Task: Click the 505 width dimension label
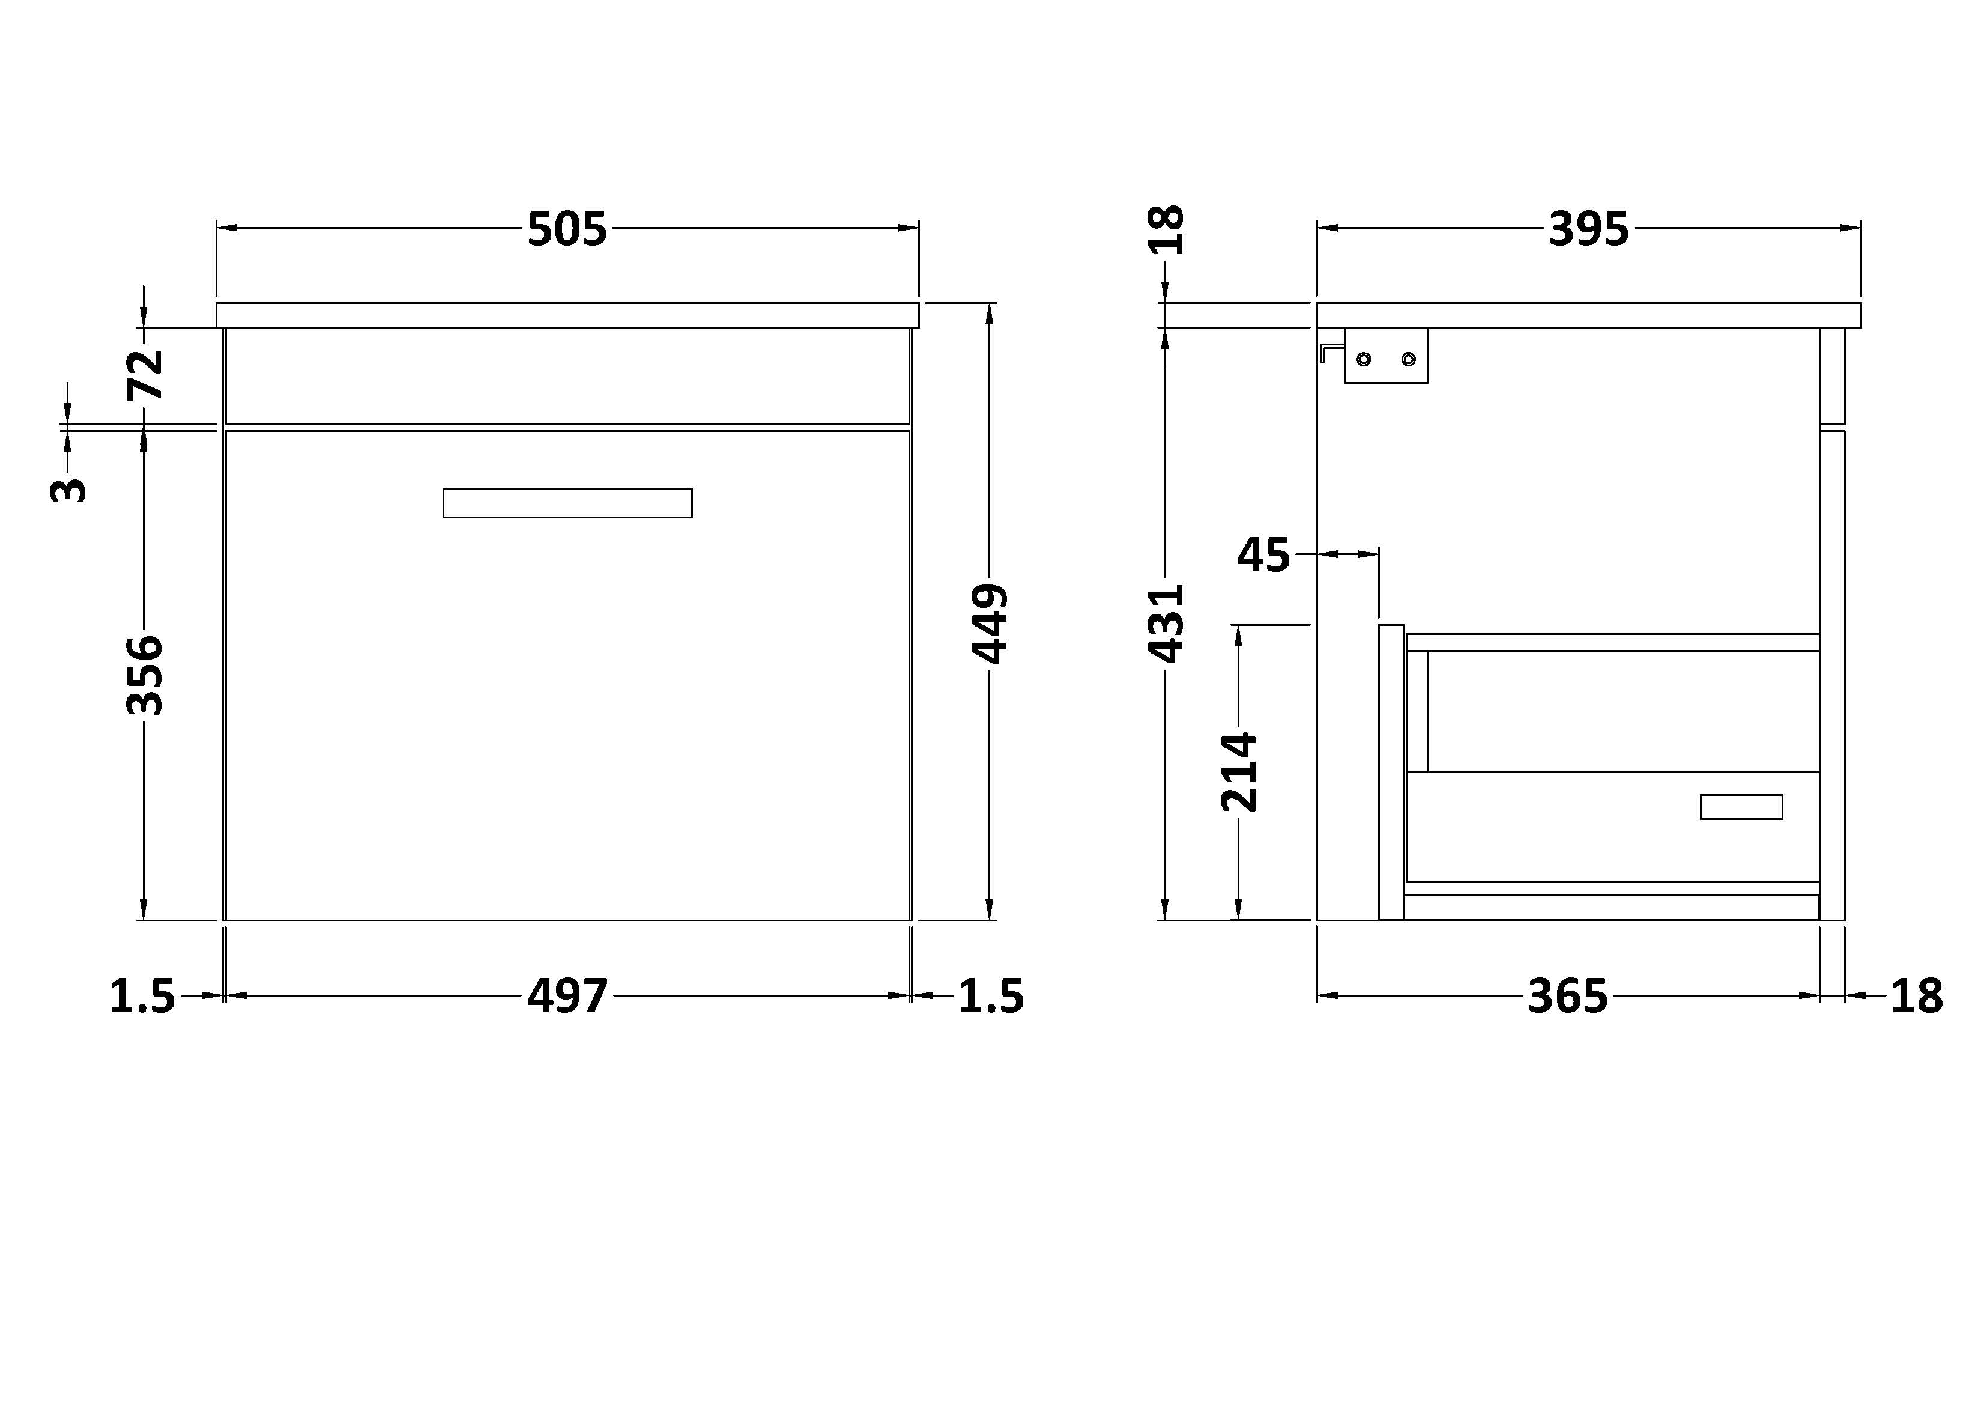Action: coord(567,229)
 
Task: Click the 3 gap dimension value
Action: coord(68,491)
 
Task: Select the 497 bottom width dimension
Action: coord(567,997)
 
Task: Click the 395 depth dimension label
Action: coord(1588,229)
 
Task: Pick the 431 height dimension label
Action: coord(1166,624)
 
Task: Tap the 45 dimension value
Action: coord(1263,555)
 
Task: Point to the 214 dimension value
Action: coord(1238,772)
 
